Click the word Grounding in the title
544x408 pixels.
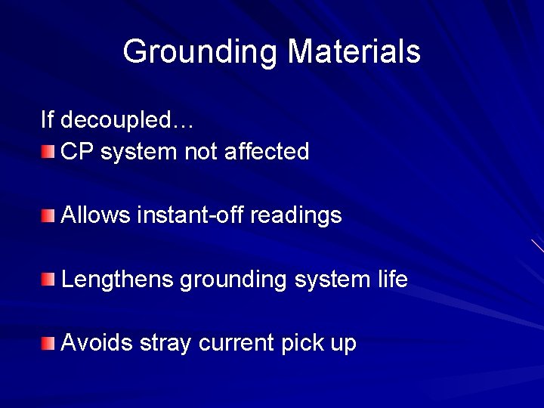[x=201, y=52]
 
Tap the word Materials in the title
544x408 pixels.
[x=354, y=51]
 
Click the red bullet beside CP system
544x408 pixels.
[x=48, y=153]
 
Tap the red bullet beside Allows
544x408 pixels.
[x=48, y=216]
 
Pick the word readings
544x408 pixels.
[x=295, y=216]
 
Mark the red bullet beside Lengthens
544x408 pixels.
[x=48, y=280]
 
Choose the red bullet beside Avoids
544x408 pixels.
[x=48, y=345]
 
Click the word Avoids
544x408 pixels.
[x=96, y=344]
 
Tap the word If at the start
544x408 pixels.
[x=47, y=119]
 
